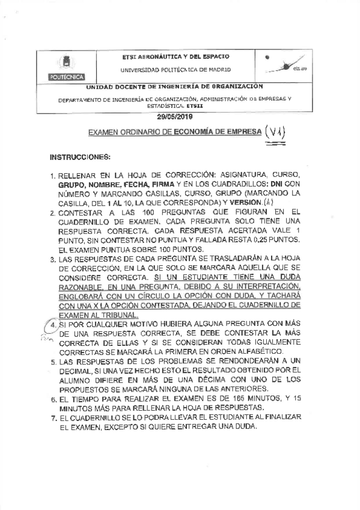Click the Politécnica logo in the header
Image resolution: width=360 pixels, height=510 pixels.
pyautogui.click(x=66, y=67)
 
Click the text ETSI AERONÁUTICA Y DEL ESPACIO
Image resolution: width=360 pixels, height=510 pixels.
pyautogui.click(x=175, y=56)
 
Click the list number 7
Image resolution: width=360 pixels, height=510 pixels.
pyautogui.click(x=53, y=417)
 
